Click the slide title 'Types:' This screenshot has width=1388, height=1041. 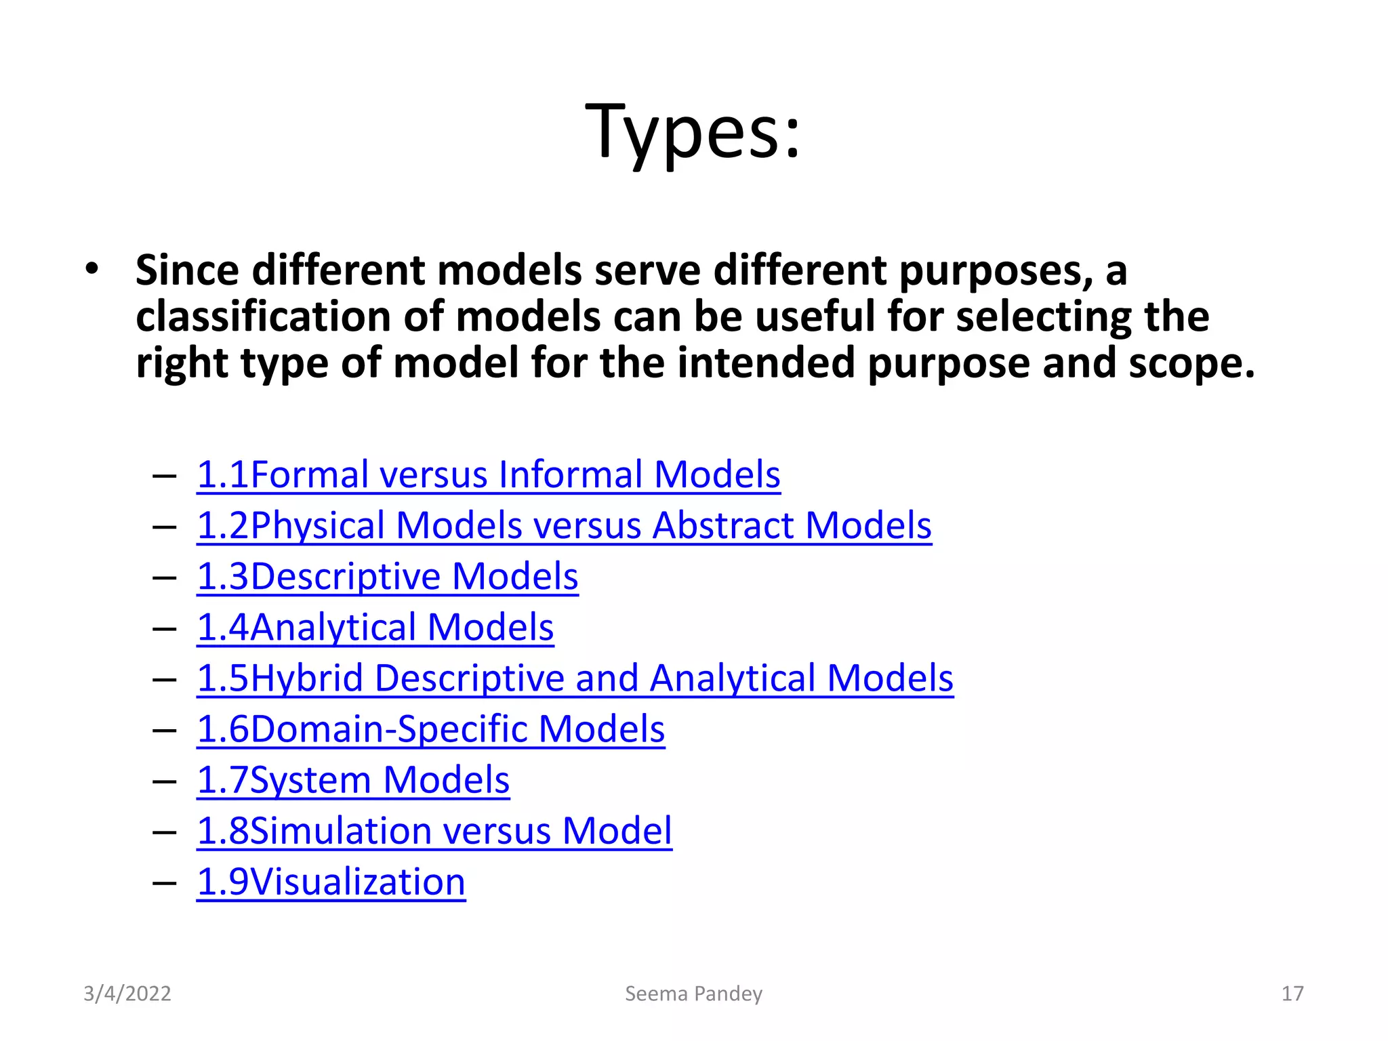(x=693, y=131)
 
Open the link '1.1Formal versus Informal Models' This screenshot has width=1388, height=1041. (x=488, y=474)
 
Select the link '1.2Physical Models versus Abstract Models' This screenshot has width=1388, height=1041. (x=564, y=525)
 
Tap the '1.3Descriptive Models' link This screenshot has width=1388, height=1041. (x=387, y=577)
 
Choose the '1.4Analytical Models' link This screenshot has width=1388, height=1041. (x=375, y=628)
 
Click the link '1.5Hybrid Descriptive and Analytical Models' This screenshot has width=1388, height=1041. (x=575, y=678)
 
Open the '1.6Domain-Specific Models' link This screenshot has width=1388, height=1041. (x=430, y=729)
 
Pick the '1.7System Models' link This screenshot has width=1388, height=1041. (x=352, y=780)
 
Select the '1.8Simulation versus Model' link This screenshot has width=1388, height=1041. (x=434, y=831)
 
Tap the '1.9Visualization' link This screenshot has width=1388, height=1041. (x=331, y=882)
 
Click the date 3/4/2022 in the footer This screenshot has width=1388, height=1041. (x=127, y=994)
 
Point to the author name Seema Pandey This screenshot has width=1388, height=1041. (x=693, y=994)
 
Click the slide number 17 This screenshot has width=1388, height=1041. (x=1292, y=994)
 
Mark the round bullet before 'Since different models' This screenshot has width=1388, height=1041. (x=92, y=270)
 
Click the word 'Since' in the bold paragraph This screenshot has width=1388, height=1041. (x=187, y=270)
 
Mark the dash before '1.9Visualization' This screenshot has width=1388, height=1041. (x=165, y=883)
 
